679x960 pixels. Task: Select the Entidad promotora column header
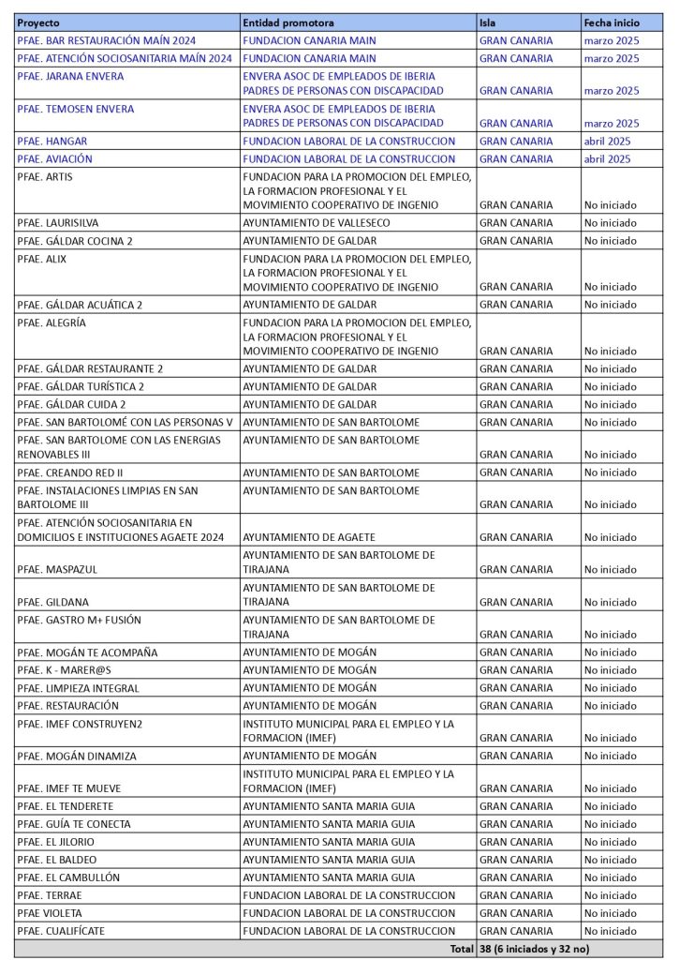pyautogui.click(x=288, y=22)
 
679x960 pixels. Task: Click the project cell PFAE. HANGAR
pyautogui.click(x=54, y=141)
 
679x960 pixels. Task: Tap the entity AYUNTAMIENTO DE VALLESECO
pyautogui.click(x=316, y=223)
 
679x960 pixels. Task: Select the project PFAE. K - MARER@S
pyautogui.click(x=64, y=670)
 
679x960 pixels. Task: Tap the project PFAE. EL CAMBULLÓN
pyautogui.click(x=68, y=877)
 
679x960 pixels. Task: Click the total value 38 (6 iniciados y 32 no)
pyautogui.click(x=534, y=949)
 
